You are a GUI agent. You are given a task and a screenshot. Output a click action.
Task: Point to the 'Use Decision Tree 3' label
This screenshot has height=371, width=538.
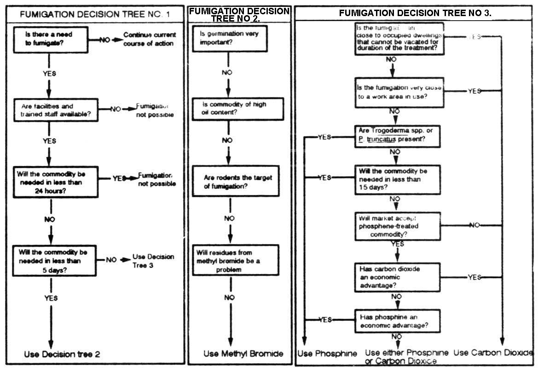(x=153, y=261)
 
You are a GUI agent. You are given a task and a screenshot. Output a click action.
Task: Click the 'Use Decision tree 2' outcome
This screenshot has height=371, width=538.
(x=62, y=354)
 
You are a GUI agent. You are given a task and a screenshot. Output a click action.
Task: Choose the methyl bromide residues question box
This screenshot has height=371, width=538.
(x=235, y=260)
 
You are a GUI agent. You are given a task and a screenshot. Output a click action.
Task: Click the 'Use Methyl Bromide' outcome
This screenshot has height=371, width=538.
(x=243, y=354)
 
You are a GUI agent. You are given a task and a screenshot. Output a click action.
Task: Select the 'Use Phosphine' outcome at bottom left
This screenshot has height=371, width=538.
(x=327, y=354)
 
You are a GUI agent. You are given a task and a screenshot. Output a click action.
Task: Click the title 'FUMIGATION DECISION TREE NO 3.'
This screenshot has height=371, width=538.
(x=415, y=13)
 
